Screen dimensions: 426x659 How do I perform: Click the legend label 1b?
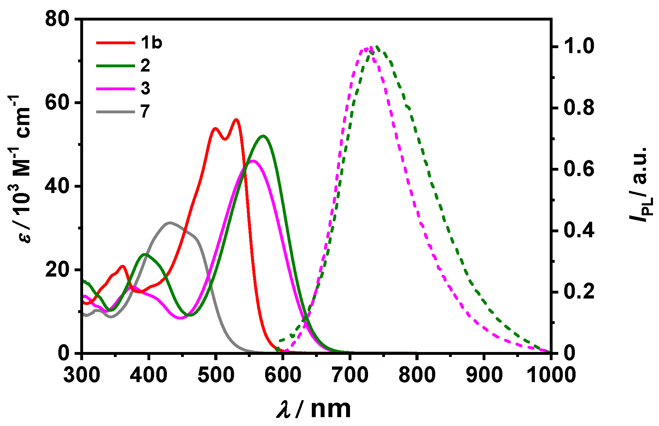[x=151, y=42]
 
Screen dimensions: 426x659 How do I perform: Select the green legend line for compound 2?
[x=116, y=66]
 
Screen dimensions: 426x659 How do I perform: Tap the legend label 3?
[x=145, y=88]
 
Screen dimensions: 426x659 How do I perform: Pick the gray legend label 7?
[x=145, y=112]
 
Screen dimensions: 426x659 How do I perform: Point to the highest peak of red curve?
[x=236, y=120]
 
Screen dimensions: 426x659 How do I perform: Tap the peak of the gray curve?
[x=170, y=222]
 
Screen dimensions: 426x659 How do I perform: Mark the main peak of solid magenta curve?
[x=253, y=161]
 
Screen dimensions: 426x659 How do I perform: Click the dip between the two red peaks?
[x=225, y=139]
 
